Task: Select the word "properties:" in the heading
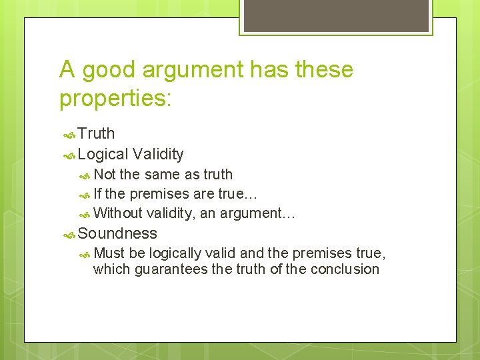[115, 98]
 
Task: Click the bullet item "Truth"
[96, 134]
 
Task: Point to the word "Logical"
[103, 155]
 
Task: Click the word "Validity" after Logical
[158, 155]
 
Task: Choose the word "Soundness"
[117, 233]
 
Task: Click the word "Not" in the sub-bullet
[105, 175]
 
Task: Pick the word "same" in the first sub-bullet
[163, 175]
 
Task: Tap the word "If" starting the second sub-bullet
[98, 194]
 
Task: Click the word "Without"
[118, 213]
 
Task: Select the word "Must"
[109, 253]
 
